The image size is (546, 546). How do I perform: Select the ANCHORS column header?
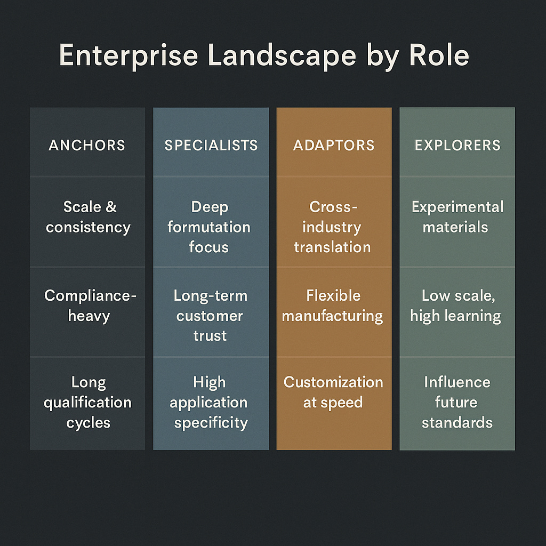pyautogui.click(x=87, y=145)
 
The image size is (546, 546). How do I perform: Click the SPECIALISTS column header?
pyautogui.click(x=211, y=145)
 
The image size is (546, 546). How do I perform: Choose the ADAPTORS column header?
pyautogui.click(x=334, y=145)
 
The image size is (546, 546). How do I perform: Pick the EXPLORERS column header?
pyautogui.click(x=457, y=145)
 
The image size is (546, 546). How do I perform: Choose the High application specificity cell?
pyautogui.click(x=211, y=403)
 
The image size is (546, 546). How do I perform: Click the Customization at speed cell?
pyautogui.click(x=333, y=392)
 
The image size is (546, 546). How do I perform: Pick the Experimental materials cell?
pyautogui.click(x=457, y=217)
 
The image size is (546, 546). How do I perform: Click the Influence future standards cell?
pyautogui.click(x=457, y=403)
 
